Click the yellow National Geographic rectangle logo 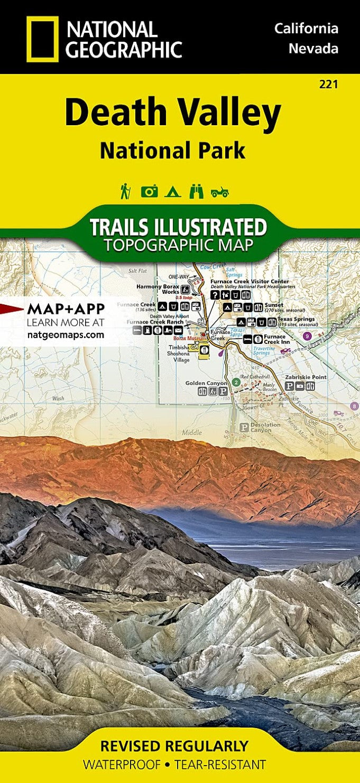[42, 39]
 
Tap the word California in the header [306, 29]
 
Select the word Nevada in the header [313, 49]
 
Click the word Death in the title [114, 113]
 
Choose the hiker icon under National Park [125, 191]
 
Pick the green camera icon [149, 191]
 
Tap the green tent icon [172, 191]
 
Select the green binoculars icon [196, 191]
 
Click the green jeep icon [219, 192]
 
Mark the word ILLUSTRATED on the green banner [214, 227]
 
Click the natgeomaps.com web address [66, 334]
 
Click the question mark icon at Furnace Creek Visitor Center [215, 295]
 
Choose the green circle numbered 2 [236, 382]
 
